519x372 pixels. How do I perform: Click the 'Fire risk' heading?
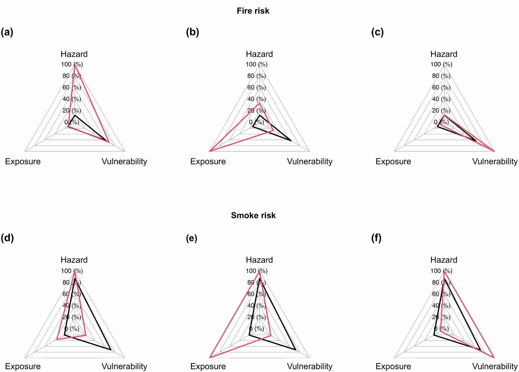253,11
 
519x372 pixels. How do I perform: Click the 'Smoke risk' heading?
253,215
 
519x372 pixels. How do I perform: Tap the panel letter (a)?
7,32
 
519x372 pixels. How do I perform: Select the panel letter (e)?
192,238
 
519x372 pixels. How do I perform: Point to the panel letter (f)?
376,238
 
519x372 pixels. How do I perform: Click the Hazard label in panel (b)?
259,54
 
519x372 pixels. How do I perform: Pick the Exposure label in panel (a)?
23,161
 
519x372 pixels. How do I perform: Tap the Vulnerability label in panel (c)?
495,161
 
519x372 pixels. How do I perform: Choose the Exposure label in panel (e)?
208,366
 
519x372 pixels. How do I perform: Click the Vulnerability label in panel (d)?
124,366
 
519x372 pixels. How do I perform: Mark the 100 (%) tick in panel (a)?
72,64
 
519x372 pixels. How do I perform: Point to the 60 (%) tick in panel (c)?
441,87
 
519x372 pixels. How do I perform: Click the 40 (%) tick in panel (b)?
256,99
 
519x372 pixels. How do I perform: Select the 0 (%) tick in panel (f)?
441,329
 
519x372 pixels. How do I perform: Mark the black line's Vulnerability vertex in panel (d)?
111,350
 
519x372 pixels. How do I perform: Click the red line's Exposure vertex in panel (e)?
209,358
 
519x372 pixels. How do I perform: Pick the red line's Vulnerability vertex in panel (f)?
494,358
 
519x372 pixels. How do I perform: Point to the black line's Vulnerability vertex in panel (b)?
291,141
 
